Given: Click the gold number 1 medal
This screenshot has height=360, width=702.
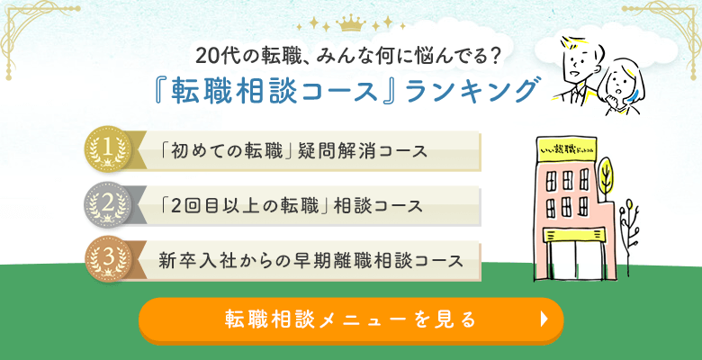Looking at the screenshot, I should click(x=107, y=148).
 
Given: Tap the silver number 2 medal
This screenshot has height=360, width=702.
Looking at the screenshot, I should click(x=107, y=204).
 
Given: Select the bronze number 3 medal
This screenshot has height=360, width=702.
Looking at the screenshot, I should click(x=107, y=258).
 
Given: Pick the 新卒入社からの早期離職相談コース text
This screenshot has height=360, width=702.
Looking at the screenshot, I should click(x=310, y=261).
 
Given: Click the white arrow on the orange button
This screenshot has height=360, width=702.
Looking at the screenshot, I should click(x=543, y=319).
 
